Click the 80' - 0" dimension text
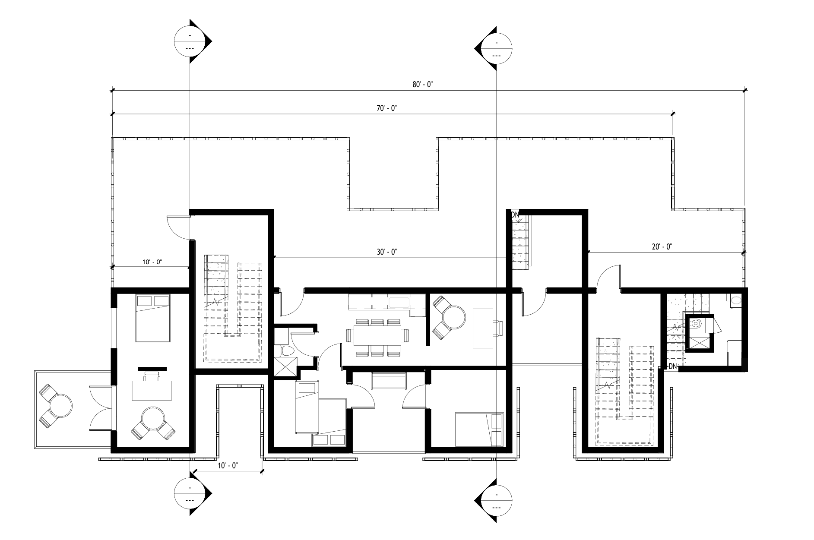pos(422,85)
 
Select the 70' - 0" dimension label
pos(386,108)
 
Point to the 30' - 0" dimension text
pos(386,252)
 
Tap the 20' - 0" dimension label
pos(662,247)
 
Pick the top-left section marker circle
pos(190,41)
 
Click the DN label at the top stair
pos(515,215)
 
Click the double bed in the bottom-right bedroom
pos(479,429)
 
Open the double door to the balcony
pos(100,408)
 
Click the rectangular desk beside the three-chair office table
pos(483,328)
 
